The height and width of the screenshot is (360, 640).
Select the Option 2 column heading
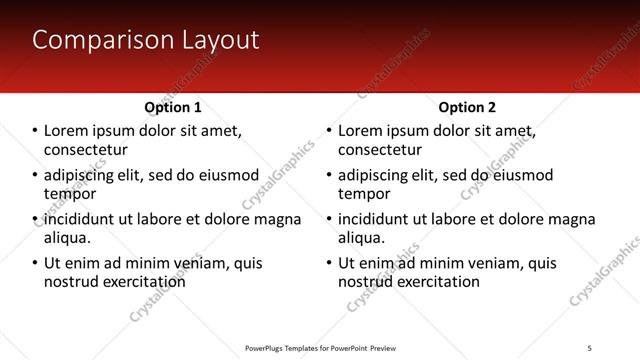(x=467, y=107)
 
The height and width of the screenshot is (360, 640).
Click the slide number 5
(x=590, y=347)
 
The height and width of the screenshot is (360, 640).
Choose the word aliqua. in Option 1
(x=68, y=238)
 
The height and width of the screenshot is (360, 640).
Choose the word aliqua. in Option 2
(x=362, y=238)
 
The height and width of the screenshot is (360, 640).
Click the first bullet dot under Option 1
(x=35, y=131)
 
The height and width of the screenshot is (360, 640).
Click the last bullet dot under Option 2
(x=329, y=264)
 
